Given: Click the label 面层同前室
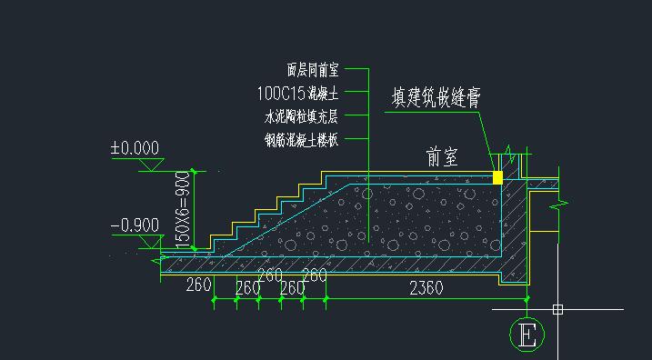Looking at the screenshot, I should pos(312,68).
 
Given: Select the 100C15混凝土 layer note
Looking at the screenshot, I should pos(298,92).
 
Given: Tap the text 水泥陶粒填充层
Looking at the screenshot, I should pos(301,115).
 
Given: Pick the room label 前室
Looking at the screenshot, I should pos(443,157).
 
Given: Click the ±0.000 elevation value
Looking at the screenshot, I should pos(135,148).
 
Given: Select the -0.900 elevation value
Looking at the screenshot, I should pos(135,225).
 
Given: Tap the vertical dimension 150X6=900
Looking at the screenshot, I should pos(183,208).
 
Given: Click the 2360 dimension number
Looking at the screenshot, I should pos(426,288).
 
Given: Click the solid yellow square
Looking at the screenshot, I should pos(497,177).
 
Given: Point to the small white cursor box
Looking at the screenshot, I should pos(557,310).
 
